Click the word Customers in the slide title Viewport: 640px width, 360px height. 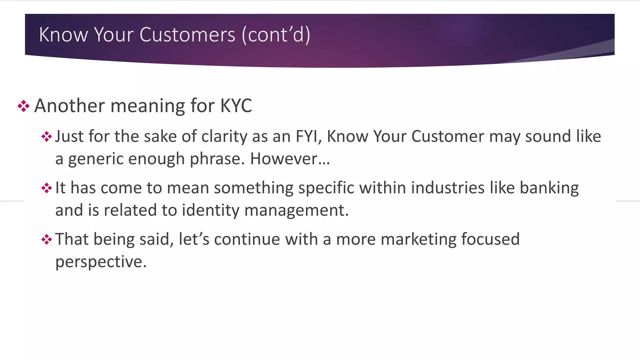187,34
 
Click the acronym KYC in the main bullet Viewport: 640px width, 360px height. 236,106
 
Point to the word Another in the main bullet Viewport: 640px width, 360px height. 69,106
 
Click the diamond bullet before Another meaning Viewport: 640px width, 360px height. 23,106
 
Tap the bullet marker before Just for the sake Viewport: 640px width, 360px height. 47,137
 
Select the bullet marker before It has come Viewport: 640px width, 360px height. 47,188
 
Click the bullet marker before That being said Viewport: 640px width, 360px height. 47,240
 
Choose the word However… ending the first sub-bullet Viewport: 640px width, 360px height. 290,159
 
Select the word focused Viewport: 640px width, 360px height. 490,239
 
